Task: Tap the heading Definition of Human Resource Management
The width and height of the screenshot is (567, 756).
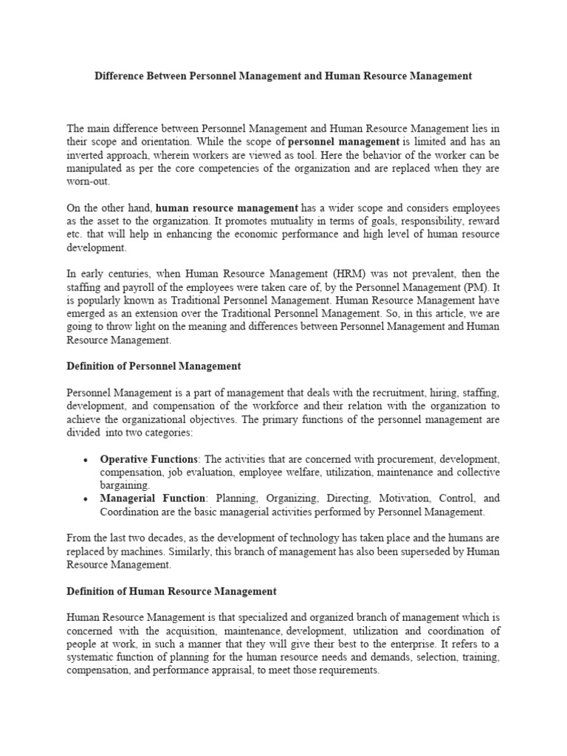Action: pyautogui.click(x=171, y=591)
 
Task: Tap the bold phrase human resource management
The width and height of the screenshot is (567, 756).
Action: pyautogui.click(x=227, y=208)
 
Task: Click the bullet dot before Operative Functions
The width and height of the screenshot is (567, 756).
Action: pyautogui.click(x=86, y=460)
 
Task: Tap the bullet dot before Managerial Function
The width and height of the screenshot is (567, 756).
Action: pyautogui.click(x=86, y=499)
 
